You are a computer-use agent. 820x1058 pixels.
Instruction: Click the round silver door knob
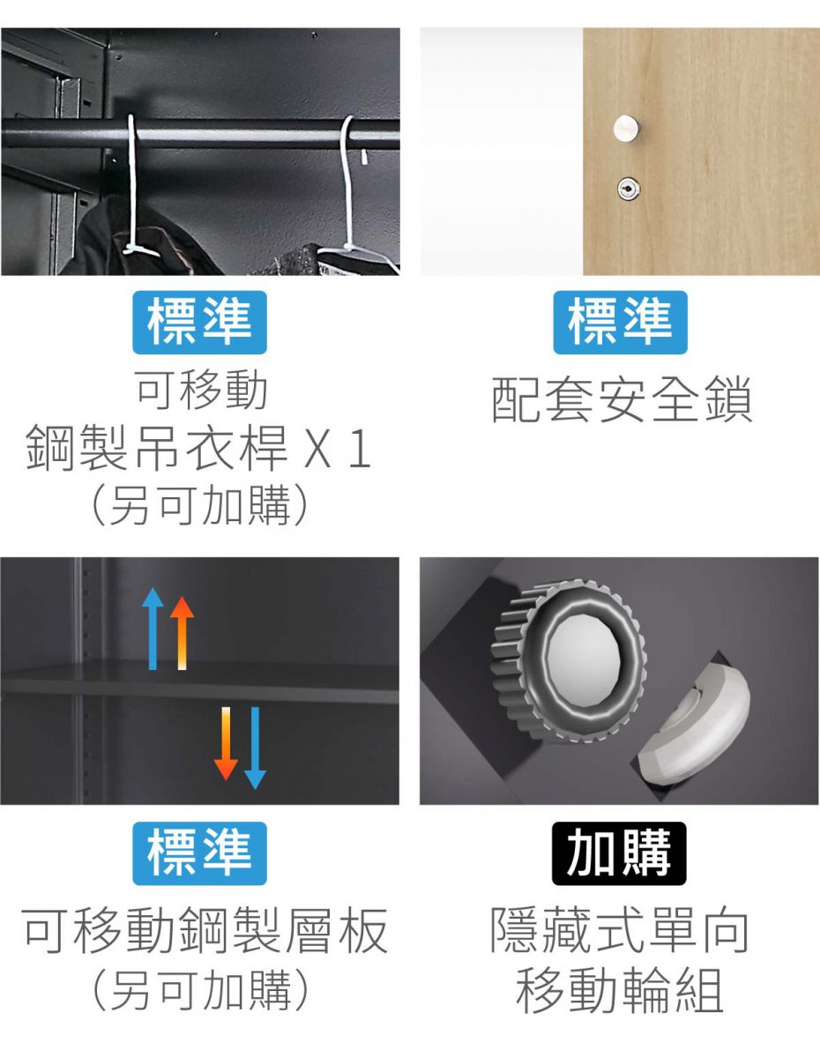click(626, 129)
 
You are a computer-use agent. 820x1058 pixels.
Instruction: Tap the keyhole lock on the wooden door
click(629, 189)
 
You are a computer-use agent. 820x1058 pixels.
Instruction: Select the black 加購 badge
click(619, 853)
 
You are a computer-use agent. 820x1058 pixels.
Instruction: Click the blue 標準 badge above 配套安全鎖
click(621, 323)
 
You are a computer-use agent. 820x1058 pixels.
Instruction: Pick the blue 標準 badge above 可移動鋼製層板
click(199, 853)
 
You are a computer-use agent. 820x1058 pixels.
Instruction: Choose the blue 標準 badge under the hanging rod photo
click(199, 323)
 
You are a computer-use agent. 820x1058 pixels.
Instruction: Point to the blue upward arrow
click(153, 629)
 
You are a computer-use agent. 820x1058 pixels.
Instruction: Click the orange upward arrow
click(183, 633)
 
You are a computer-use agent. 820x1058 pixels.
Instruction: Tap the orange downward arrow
click(226, 743)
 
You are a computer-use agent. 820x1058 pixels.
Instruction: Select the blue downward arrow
click(255, 748)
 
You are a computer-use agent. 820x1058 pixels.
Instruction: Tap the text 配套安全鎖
click(622, 399)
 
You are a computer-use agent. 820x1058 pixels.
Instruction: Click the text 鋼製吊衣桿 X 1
click(199, 449)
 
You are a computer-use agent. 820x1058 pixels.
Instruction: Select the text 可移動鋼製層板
click(205, 931)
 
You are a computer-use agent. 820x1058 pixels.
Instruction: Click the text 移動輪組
click(620, 990)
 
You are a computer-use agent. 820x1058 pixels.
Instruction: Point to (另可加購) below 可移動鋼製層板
click(199, 990)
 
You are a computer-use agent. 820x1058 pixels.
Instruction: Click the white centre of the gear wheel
click(585, 656)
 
